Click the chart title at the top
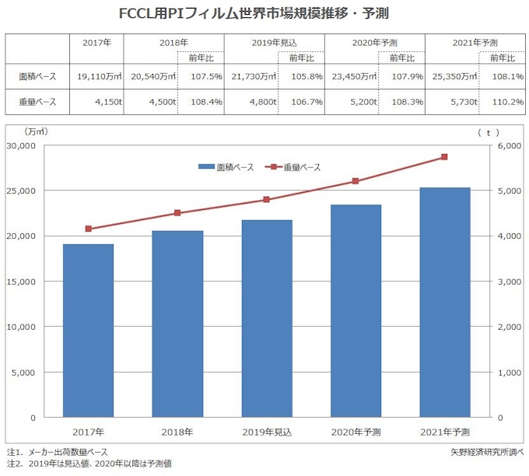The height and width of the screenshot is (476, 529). coord(264,13)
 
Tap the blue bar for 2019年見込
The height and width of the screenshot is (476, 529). coord(266,319)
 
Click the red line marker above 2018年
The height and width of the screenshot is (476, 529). coord(177,213)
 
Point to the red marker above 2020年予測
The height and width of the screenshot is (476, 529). coord(356,181)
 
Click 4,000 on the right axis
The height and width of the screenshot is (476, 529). coord(510,236)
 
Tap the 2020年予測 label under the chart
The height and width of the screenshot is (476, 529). coord(356,432)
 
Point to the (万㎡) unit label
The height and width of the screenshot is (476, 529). coord(37,132)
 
